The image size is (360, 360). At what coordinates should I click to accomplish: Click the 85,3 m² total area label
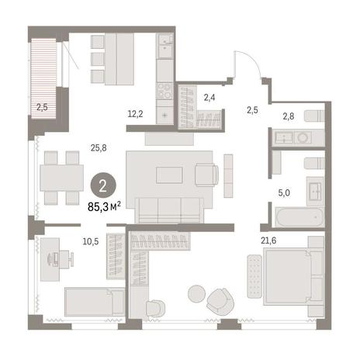[x=104, y=206]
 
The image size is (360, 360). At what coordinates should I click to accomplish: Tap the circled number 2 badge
[x=103, y=185]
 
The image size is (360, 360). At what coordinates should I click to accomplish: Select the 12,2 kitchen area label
[x=135, y=114]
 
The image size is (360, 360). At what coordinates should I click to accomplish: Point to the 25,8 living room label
[x=99, y=148]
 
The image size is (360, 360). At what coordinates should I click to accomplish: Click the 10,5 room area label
[x=91, y=241]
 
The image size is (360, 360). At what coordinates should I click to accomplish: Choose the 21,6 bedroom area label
[x=268, y=241]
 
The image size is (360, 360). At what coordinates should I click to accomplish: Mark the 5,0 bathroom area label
[x=284, y=193]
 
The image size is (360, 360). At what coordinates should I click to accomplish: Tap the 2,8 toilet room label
[x=289, y=116]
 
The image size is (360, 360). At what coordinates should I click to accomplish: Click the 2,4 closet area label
[x=209, y=98]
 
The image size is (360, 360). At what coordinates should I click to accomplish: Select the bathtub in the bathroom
[x=299, y=216]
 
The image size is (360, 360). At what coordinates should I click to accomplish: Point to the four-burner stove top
[x=164, y=91]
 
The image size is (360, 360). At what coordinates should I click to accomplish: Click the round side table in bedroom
[x=197, y=293]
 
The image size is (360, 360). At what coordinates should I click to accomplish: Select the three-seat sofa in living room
[x=169, y=210]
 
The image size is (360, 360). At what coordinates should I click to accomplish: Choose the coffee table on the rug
[x=169, y=175]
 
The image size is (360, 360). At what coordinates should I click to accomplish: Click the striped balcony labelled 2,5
[x=43, y=78]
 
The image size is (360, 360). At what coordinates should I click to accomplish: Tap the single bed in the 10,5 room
[x=95, y=302]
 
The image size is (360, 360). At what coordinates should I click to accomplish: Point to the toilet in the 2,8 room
[x=314, y=116]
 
